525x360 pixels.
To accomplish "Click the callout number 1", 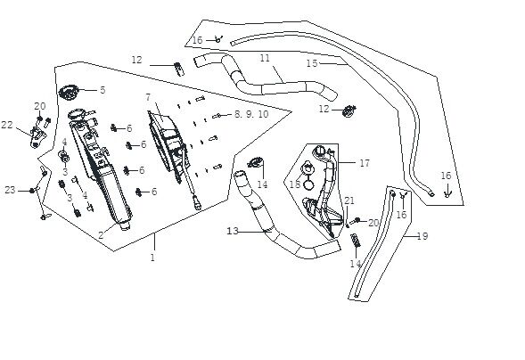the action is (152, 258).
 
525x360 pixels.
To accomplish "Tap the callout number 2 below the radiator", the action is (101, 235).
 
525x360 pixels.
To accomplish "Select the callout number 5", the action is (103, 90).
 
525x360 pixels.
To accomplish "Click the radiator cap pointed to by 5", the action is (69, 92).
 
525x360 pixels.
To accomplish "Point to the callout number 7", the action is (148, 97).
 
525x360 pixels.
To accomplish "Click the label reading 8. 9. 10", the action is (251, 114).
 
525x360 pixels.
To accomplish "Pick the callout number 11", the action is (265, 58).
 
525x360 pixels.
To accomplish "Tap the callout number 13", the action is (233, 231).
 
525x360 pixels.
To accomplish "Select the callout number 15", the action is (312, 63).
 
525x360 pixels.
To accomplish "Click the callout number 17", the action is (365, 163).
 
